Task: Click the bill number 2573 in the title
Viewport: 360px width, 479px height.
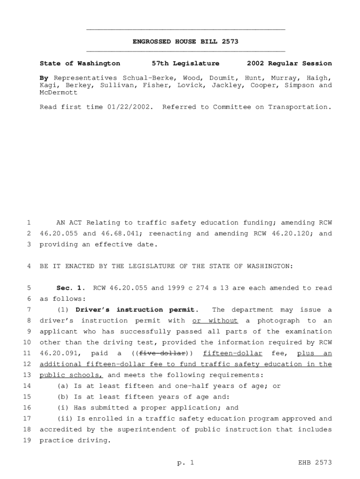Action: pos(230,42)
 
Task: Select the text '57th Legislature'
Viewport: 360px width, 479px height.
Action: pos(186,63)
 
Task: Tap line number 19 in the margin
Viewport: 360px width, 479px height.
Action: pos(26,440)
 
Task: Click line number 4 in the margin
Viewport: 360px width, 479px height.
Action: pos(29,266)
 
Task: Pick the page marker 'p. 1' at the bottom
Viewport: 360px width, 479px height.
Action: pos(186,463)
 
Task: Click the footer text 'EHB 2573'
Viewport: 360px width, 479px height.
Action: pos(315,463)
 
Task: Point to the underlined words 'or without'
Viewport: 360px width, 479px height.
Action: pos(215,320)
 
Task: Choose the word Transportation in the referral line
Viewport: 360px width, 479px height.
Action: pos(300,107)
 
